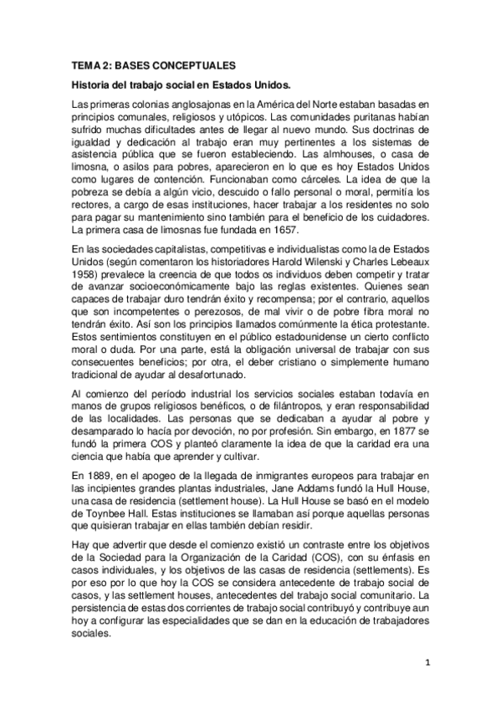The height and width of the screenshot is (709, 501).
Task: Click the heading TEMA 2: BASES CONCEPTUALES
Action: click(153, 65)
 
